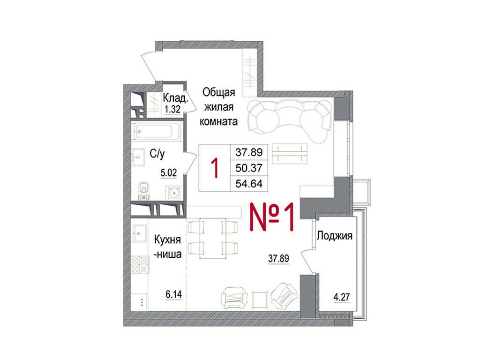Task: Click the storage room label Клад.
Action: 175,98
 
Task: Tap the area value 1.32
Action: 172,109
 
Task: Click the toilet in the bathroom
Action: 143,191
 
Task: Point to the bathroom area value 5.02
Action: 169,173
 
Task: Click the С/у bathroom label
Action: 157,154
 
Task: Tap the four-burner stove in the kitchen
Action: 140,264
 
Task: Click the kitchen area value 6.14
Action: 173,294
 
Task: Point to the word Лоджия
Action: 334,236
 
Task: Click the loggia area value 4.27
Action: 342,297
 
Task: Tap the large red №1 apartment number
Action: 272,217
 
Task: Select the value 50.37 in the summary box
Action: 249,168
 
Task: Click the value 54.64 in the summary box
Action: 249,184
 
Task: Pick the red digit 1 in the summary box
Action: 215,168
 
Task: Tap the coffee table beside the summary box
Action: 290,154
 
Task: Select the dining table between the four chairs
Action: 213,239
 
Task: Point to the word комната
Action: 218,121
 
